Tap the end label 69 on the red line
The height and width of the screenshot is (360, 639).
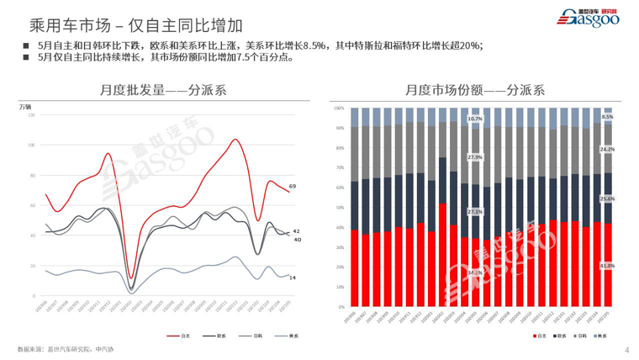pyautogui.click(x=293, y=186)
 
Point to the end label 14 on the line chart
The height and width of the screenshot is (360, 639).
pyautogui.click(x=293, y=277)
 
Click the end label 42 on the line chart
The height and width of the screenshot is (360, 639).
pyautogui.click(x=296, y=231)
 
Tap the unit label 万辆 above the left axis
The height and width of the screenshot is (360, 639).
pyautogui.click(x=26, y=106)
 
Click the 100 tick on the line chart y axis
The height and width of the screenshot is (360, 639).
pyautogui.click(x=31, y=145)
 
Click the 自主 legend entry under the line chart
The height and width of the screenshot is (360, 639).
pyautogui.click(x=181, y=336)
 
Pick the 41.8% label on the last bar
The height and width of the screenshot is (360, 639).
pyautogui.click(x=606, y=266)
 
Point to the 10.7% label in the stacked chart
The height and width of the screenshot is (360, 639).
pyautogui.click(x=475, y=119)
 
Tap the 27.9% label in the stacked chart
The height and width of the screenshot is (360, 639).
pyautogui.click(x=475, y=157)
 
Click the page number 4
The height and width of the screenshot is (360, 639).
pyautogui.click(x=627, y=349)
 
